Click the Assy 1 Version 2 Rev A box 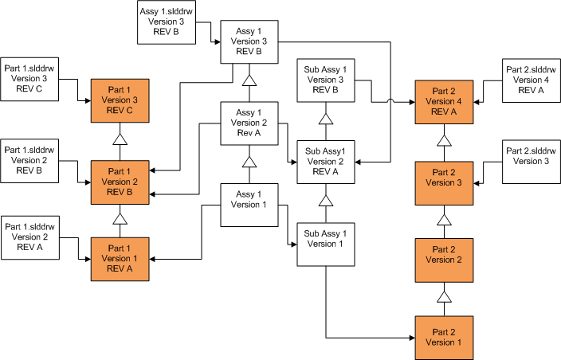249,123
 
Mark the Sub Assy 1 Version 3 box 325,79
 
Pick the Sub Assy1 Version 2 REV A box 325,162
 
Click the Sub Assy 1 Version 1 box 325,245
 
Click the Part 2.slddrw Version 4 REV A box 530,80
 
